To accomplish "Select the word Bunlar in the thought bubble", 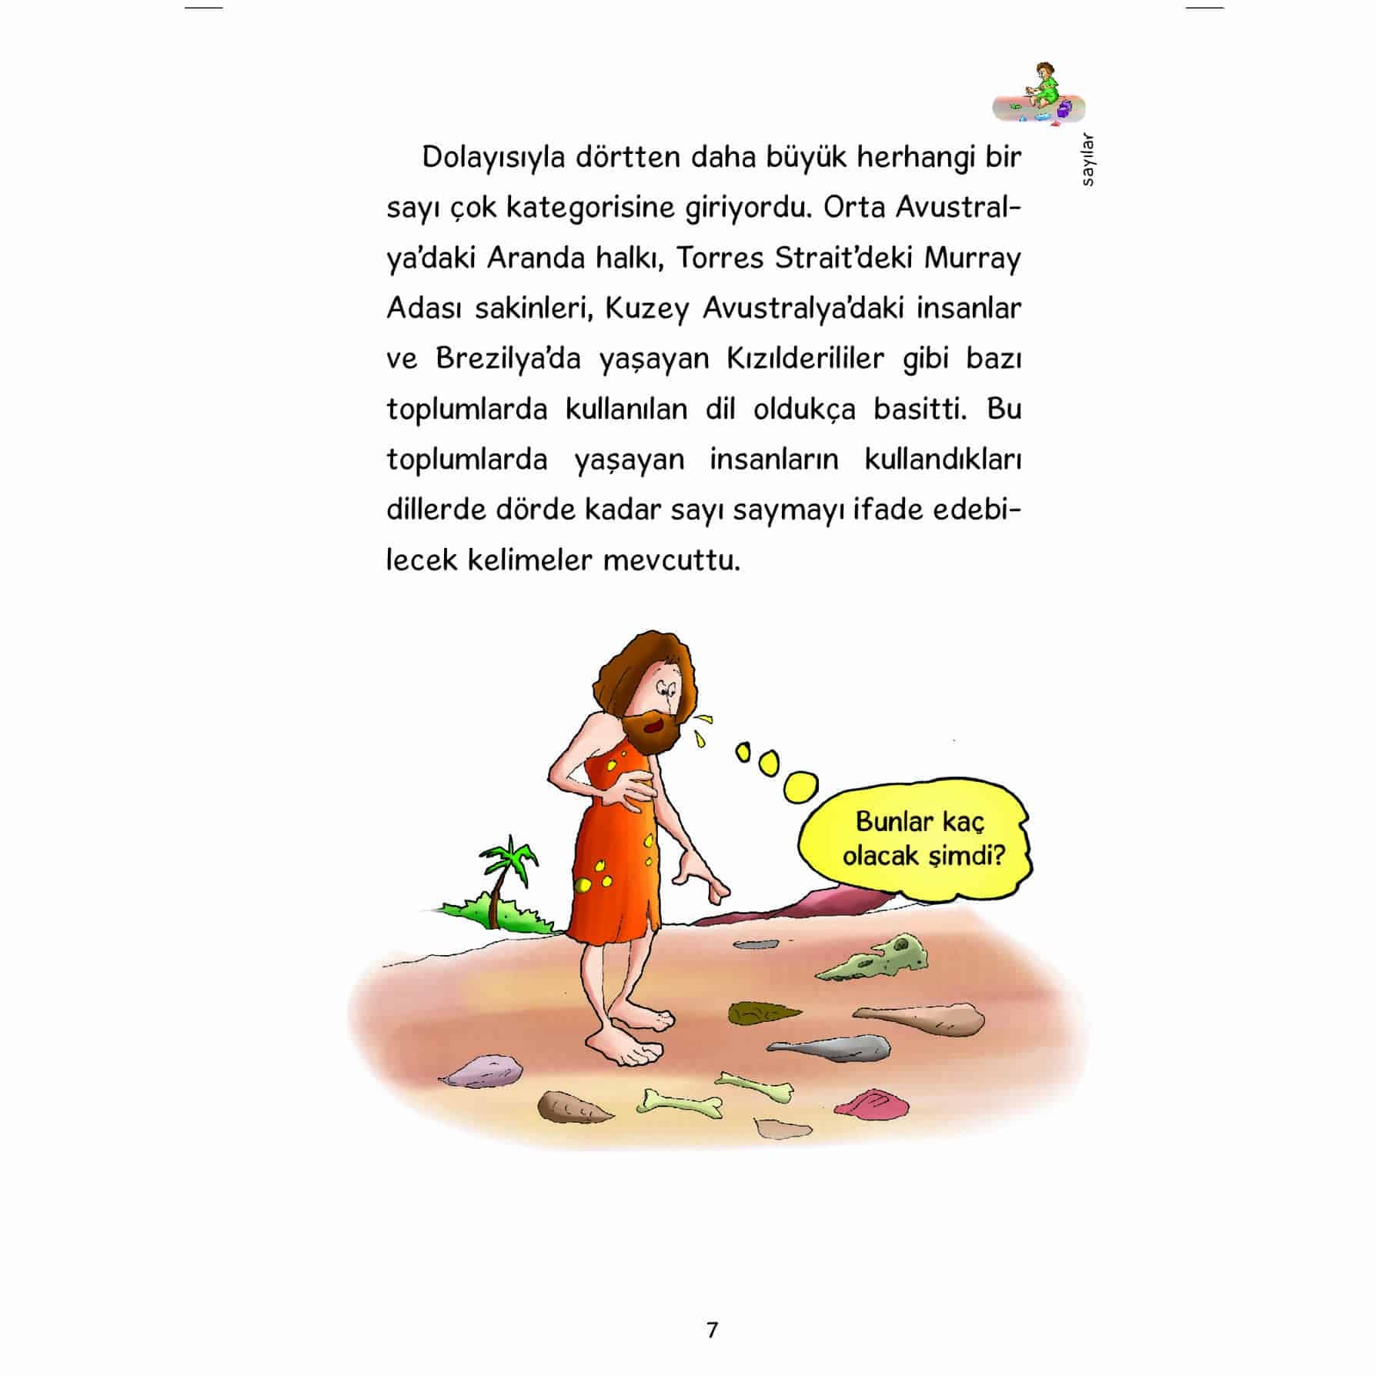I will (x=892, y=821).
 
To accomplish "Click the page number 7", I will (x=712, y=1330).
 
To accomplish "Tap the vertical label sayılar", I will (x=1087, y=161).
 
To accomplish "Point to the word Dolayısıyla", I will (x=493, y=158).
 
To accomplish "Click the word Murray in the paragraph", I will (x=972, y=259).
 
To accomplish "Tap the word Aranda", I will (x=535, y=258).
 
